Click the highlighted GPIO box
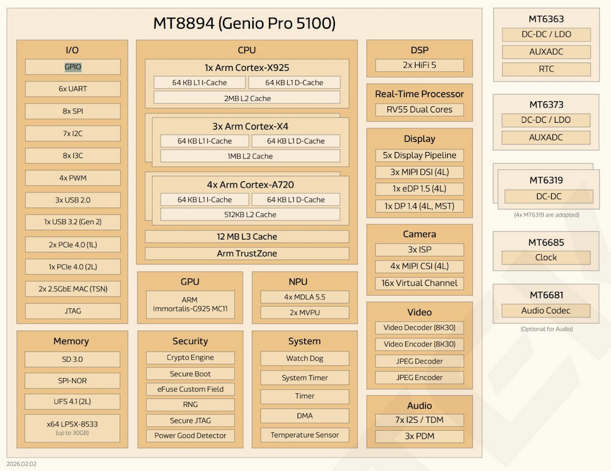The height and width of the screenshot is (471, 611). [x=73, y=67]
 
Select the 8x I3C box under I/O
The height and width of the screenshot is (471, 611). [x=73, y=155]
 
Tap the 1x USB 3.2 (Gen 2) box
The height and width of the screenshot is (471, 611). [x=73, y=222]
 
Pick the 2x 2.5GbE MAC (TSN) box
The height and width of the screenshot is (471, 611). [x=73, y=288]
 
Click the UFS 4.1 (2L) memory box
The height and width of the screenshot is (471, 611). [x=73, y=402]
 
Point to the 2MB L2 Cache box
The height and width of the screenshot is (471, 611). [x=247, y=98]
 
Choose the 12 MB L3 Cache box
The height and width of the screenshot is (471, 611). [x=247, y=236]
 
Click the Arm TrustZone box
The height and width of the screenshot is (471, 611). [x=247, y=254]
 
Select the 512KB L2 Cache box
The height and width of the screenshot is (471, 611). [x=250, y=214]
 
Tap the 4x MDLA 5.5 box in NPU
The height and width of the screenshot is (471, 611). [x=304, y=297]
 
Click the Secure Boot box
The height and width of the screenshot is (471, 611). [x=190, y=374]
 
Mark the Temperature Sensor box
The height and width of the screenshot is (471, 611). [x=304, y=435]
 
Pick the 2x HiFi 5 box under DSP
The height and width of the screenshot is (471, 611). [x=419, y=65]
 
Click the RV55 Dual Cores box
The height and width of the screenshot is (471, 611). [x=419, y=110]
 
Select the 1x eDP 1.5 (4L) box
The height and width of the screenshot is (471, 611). [x=419, y=189]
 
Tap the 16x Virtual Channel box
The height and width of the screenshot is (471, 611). [x=419, y=283]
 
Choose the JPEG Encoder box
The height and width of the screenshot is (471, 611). [x=419, y=378]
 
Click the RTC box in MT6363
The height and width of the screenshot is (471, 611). [x=546, y=69]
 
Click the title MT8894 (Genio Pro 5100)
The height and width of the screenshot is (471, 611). [x=244, y=24]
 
